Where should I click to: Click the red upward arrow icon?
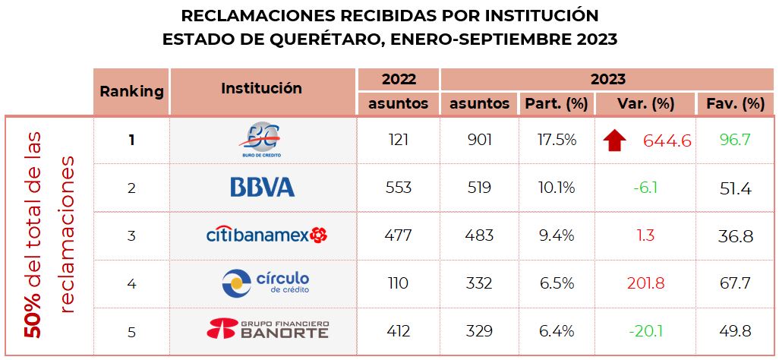point(614,140)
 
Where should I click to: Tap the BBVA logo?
point(262,187)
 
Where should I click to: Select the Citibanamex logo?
point(266,235)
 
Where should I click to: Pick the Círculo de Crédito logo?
point(266,283)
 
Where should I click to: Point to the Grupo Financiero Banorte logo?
point(267,330)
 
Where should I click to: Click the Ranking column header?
point(131,91)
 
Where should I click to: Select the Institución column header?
point(261,88)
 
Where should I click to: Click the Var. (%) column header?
point(646,103)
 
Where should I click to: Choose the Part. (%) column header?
point(555,103)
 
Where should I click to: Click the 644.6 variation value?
point(667,141)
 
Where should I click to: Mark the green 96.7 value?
point(734,140)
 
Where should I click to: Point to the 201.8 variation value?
point(646,283)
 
